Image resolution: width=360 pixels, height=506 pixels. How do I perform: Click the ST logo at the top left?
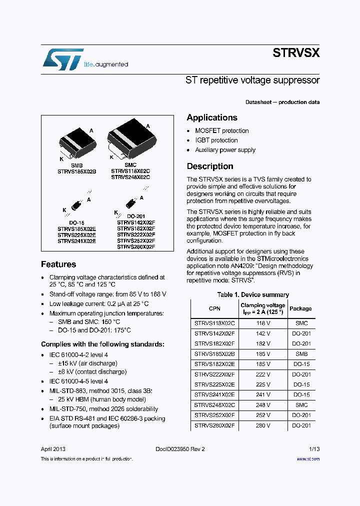(62, 59)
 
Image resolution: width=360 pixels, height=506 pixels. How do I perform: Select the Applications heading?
(212, 117)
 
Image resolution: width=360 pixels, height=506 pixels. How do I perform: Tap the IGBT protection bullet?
(216, 140)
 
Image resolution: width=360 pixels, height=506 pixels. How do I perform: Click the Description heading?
(210, 166)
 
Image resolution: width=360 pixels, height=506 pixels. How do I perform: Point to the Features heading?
(58, 264)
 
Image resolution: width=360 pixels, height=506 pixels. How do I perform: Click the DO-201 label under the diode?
(136, 216)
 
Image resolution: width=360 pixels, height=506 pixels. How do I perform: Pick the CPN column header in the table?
(214, 308)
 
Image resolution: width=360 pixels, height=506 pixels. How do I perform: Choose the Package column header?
(300, 308)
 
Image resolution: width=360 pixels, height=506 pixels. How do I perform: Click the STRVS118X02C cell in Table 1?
(214, 323)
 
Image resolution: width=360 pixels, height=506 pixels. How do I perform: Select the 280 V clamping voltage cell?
(262, 425)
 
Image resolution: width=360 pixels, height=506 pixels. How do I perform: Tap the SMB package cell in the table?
(301, 354)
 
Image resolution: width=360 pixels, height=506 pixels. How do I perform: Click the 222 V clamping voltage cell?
(262, 374)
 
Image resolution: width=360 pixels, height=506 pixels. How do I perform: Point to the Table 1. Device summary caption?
(253, 295)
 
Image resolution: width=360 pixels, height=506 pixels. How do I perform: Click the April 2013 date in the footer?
(53, 449)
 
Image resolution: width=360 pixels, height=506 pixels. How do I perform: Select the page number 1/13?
(314, 449)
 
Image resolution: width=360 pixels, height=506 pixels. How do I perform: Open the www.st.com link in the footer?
(308, 458)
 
